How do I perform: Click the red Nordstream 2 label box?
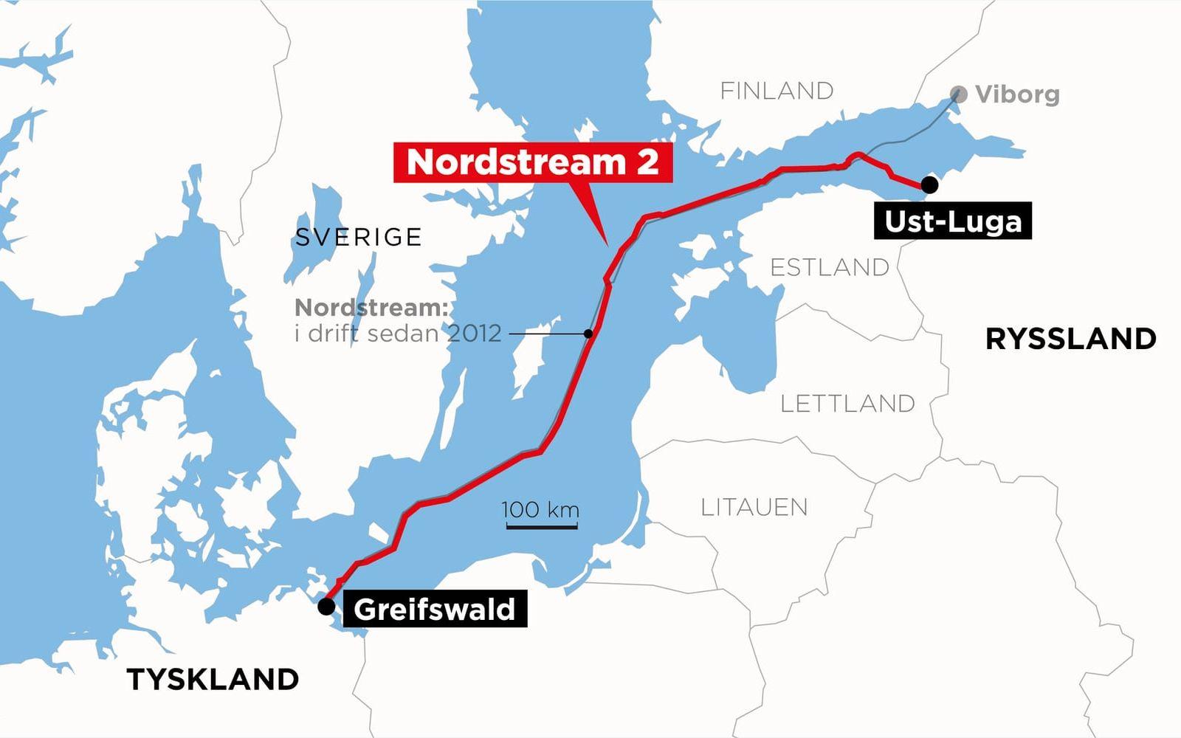point(532,162)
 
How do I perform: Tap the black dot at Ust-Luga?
point(929,185)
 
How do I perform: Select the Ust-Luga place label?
point(952,221)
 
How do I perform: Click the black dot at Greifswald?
point(326,607)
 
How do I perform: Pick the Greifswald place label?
point(434,610)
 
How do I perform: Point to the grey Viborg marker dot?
point(958,94)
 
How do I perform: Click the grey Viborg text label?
point(1017,94)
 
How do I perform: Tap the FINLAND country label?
point(777,91)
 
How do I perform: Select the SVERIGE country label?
point(358,237)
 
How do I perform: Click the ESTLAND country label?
point(830,267)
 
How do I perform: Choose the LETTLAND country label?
point(847,404)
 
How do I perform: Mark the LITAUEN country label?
point(754,507)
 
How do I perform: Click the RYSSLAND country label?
point(1070,339)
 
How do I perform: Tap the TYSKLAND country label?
point(213,679)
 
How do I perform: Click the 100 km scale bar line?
point(541,527)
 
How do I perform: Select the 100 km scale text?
point(540,509)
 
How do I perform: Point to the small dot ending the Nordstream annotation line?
point(588,334)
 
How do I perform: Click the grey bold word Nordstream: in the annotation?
point(371,307)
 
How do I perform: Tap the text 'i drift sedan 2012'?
point(398,334)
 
